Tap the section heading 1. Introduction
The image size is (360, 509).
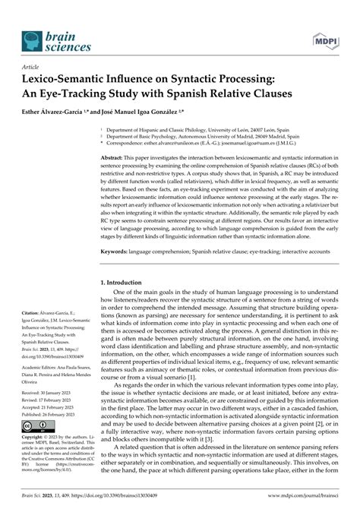click(x=129, y=282)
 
